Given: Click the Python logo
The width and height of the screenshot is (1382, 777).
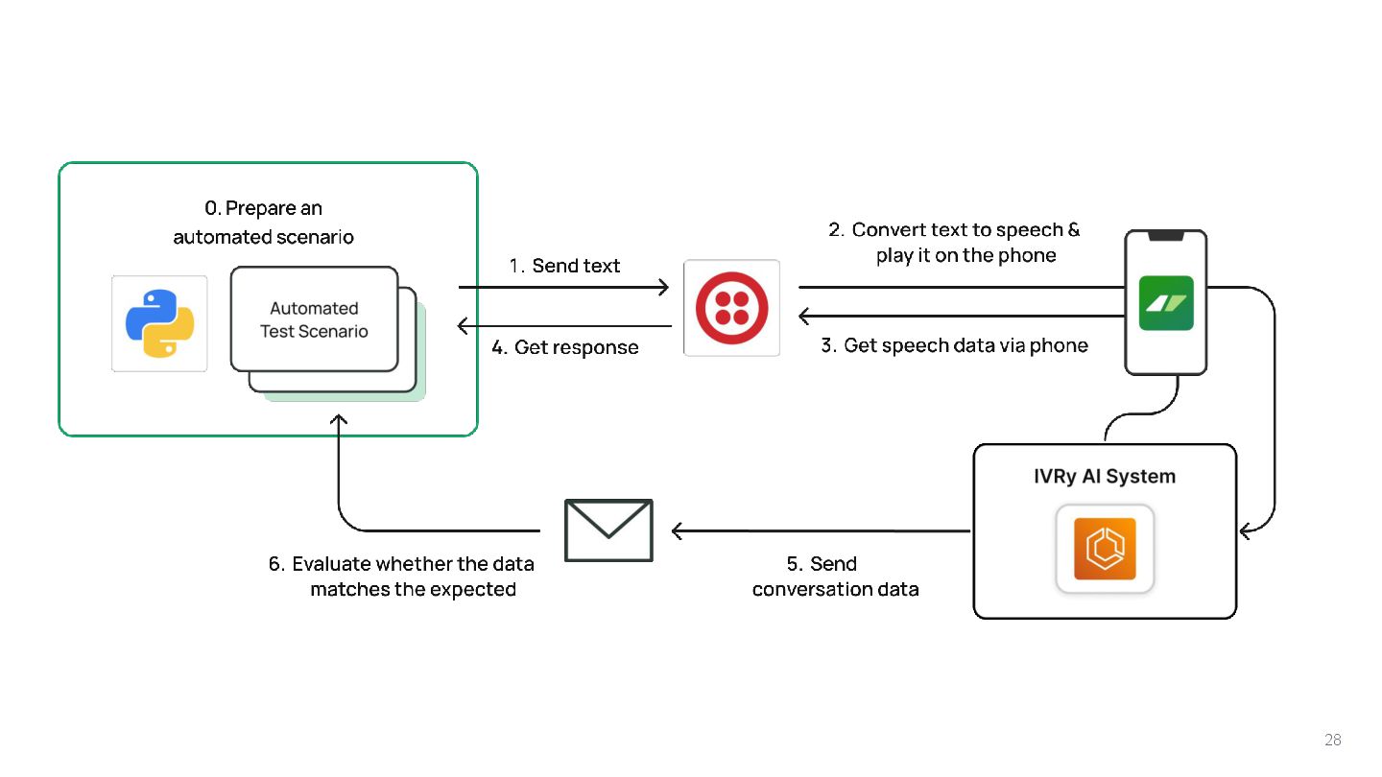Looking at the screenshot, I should click(x=159, y=323).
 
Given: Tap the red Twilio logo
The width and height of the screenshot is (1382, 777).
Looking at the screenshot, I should click(x=731, y=307).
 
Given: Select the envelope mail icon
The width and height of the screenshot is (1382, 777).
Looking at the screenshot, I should click(x=608, y=530).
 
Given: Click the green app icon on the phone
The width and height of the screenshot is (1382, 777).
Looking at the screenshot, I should click(x=1166, y=303).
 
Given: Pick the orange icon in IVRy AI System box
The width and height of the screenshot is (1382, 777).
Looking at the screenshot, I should click(x=1105, y=549).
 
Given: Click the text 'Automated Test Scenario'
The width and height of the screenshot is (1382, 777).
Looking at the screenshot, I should click(x=314, y=319).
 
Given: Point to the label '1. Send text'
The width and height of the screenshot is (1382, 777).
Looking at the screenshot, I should click(x=564, y=266).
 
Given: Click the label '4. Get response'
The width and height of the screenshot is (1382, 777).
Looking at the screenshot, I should click(x=564, y=347).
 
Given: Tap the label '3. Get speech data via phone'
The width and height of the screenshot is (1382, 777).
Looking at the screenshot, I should click(x=954, y=345).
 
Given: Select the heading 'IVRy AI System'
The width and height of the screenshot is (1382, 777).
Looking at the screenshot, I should click(x=1104, y=476).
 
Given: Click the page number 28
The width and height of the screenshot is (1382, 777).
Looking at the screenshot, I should click(x=1332, y=740).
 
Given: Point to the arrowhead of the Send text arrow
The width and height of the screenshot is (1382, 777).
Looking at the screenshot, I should click(x=663, y=287).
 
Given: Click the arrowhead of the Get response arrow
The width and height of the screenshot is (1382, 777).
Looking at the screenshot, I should click(x=464, y=326).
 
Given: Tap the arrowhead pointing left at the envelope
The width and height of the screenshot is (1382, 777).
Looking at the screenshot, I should click(x=677, y=530).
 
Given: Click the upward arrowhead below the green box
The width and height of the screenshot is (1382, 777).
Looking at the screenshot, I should click(x=339, y=420).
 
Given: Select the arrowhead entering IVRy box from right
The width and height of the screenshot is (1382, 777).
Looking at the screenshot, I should click(x=1245, y=530).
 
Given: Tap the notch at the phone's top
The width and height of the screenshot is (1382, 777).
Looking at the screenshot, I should click(x=1166, y=235).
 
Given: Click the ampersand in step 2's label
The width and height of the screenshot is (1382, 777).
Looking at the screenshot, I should click(x=1073, y=230).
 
